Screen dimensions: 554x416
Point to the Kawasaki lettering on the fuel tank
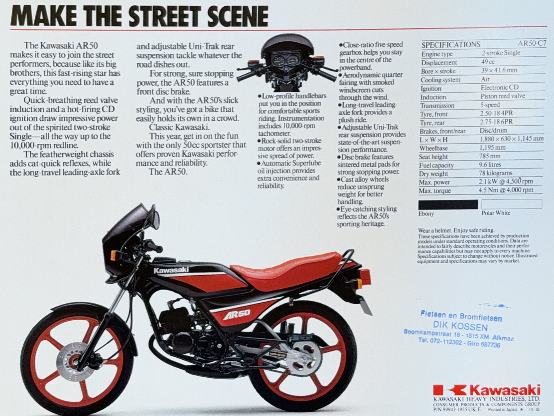[171, 270]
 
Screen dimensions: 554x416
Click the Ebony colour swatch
[448, 204]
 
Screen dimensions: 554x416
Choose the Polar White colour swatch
[512, 204]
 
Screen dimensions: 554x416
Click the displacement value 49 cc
[488, 62]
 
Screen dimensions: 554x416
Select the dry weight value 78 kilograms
[496, 173]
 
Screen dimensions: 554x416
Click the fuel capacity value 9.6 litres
[490, 165]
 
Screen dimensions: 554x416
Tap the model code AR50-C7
[532, 44]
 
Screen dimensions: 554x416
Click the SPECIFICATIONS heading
[451, 45]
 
